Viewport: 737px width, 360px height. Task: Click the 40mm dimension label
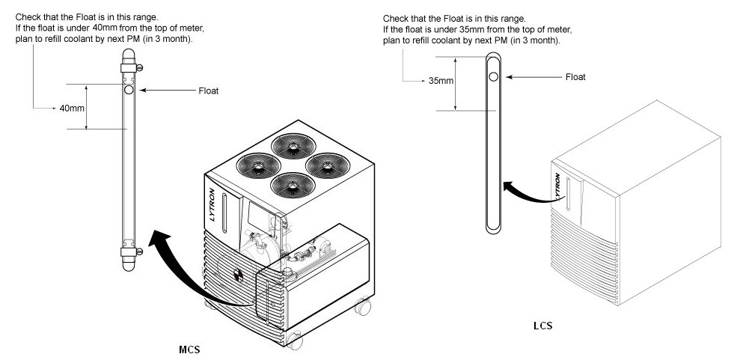pos(72,109)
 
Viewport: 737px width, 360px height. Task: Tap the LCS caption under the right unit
pos(543,326)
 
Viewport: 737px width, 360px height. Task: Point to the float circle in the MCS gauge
pos(129,89)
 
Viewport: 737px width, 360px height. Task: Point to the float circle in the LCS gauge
pos(492,76)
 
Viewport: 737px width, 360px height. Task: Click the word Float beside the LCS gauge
pos(575,76)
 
